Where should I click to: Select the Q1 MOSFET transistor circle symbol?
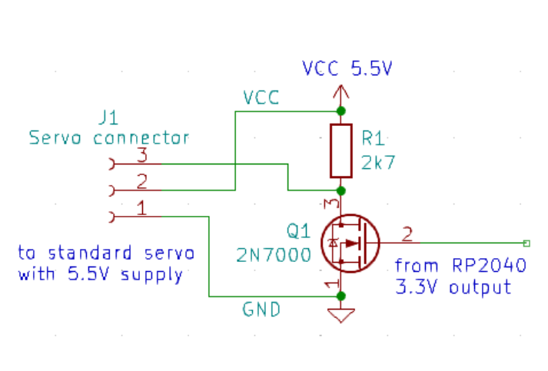tap(350, 243)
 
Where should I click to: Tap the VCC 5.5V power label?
tap(347, 68)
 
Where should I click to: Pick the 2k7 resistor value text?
tap(378, 163)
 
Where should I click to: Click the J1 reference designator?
tap(108, 118)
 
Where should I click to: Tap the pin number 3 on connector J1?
tap(141, 154)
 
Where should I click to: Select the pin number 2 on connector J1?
tap(141, 181)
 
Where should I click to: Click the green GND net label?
tap(261, 310)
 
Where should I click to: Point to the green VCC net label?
tap(261, 98)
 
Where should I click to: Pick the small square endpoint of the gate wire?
tap(526, 243)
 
